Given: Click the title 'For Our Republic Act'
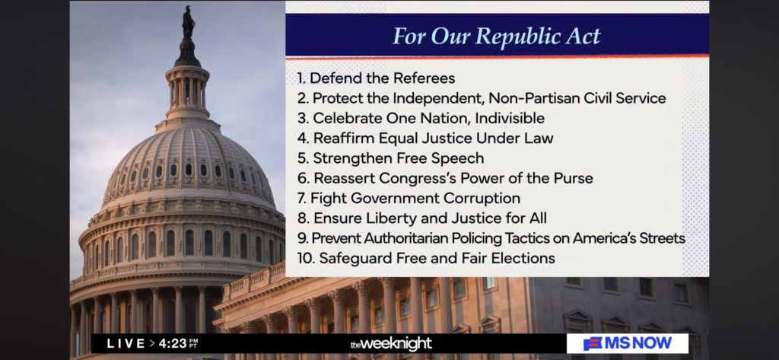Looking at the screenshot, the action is (x=497, y=37).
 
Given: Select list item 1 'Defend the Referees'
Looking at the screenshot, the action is (x=376, y=78).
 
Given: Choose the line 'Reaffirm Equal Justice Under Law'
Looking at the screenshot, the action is (x=425, y=138).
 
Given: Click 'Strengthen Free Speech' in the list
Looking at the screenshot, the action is (x=390, y=158).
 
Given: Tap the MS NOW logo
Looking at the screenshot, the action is (x=628, y=343).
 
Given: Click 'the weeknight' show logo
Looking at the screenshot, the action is (x=391, y=343).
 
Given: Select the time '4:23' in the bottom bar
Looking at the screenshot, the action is (x=173, y=343).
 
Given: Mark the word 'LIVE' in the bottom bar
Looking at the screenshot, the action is (x=125, y=343).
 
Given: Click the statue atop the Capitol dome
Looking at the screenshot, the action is (x=189, y=22).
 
